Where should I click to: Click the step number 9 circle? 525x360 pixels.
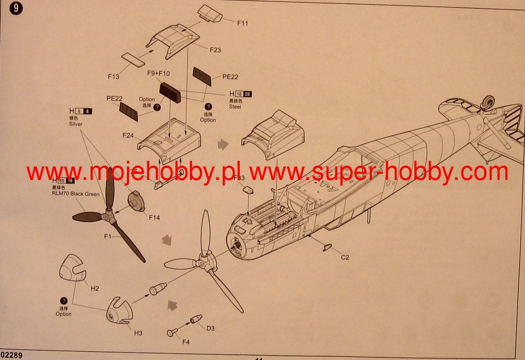[x=16, y=8]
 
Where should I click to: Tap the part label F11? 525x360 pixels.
[x=242, y=23]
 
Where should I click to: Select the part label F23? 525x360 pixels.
[x=215, y=50]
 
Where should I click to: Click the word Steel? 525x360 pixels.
[x=235, y=107]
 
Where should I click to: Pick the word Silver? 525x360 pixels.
[x=76, y=124]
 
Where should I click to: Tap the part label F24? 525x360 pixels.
[x=128, y=136]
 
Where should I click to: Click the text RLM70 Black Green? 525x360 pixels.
[x=76, y=194]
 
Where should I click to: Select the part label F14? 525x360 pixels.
[x=154, y=217]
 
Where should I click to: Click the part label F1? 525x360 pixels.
[x=108, y=236]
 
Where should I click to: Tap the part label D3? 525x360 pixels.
[x=210, y=328]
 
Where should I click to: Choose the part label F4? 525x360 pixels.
[x=186, y=341]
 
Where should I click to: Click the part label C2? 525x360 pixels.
[x=345, y=257]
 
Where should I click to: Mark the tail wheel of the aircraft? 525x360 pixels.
[x=487, y=103]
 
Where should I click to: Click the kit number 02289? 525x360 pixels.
[x=11, y=356]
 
